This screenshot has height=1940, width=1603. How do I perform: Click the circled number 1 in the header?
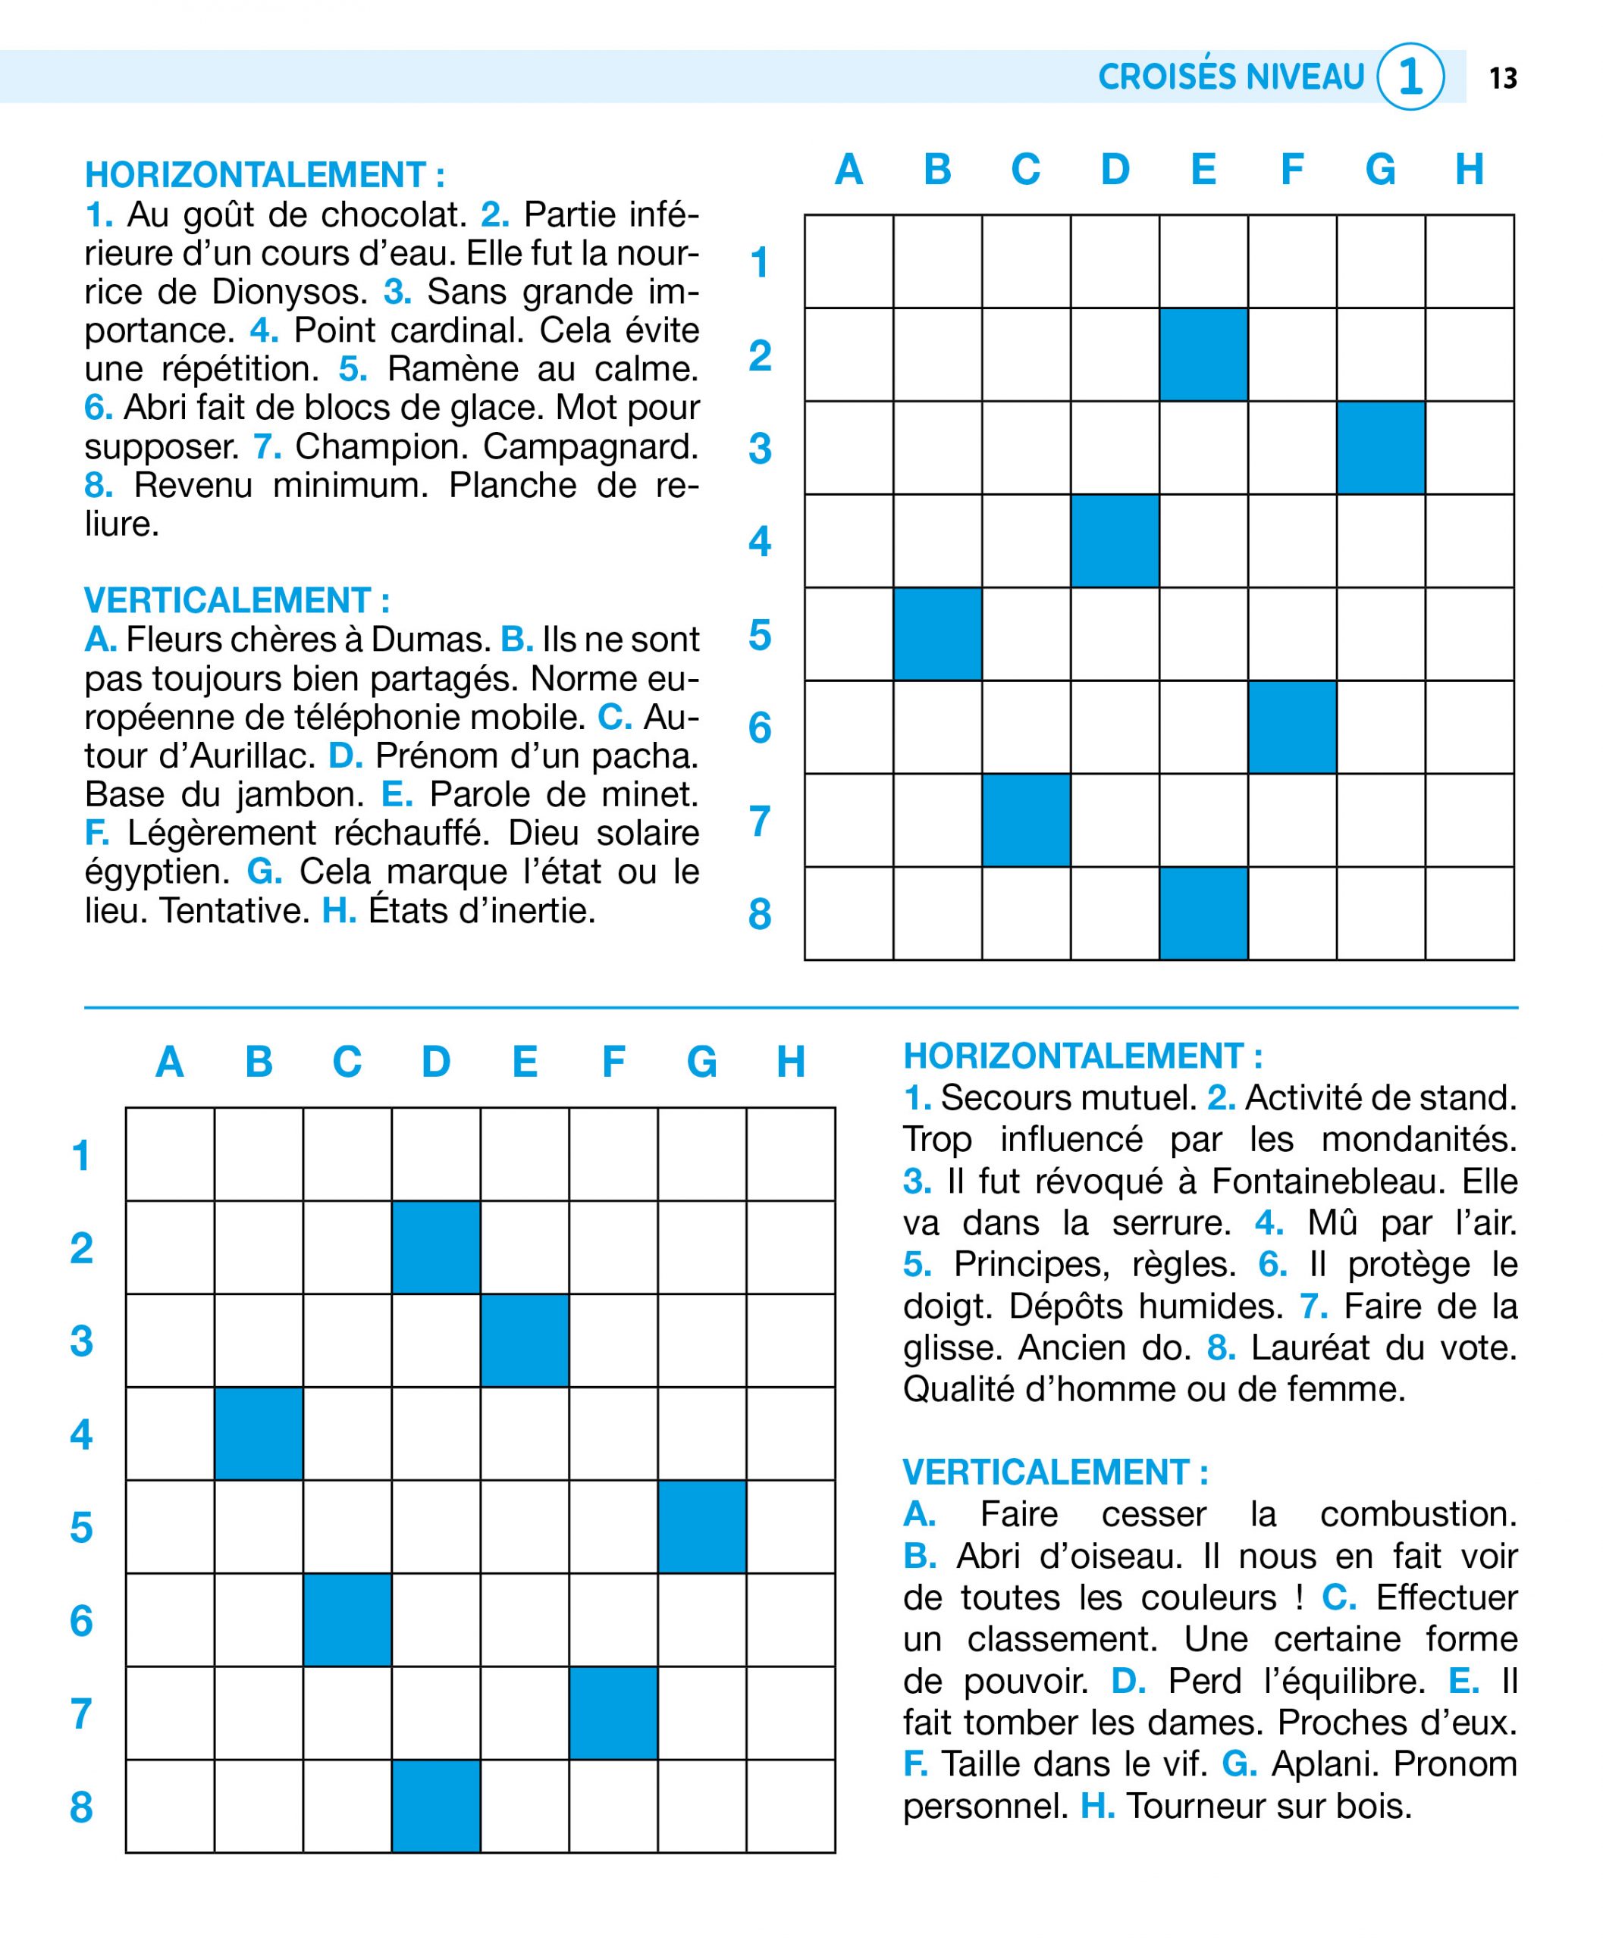[1409, 77]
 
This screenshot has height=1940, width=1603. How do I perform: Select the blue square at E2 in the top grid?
[1203, 355]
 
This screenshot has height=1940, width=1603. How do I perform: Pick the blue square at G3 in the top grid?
[1381, 448]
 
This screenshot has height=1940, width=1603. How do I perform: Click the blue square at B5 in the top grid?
[937, 634]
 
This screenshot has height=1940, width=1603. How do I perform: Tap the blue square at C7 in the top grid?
[1026, 819]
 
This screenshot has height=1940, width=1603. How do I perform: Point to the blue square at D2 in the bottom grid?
[436, 1247]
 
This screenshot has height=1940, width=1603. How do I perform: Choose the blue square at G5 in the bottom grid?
[701, 1526]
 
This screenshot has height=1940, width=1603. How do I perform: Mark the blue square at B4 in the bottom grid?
[259, 1433]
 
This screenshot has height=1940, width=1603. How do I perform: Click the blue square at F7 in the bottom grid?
[613, 1713]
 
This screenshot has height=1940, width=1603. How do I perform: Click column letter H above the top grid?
[1468, 170]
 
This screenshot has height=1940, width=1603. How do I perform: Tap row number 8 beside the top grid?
[759, 914]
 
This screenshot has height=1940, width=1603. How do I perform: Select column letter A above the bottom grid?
[169, 1062]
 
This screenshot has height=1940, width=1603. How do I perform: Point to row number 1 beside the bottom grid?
[81, 1156]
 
